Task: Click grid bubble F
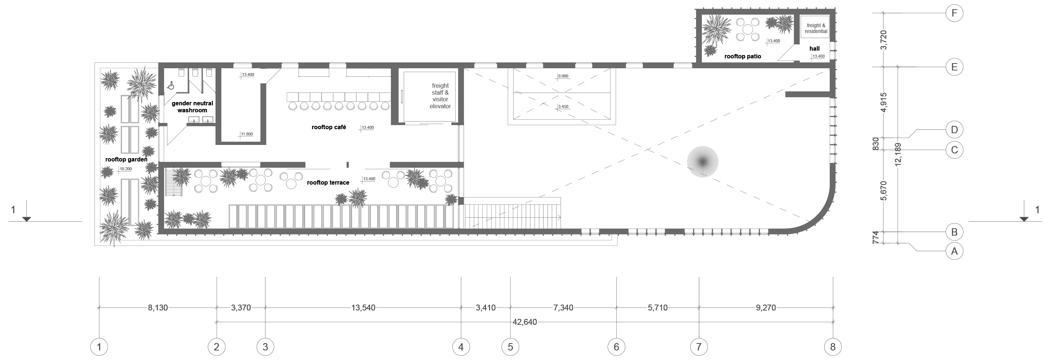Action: pyautogui.click(x=954, y=14)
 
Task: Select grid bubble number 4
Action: pyautogui.click(x=461, y=347)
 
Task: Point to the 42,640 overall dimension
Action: pyautogui.click(x=525, y=322)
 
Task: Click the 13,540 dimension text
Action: pyautogui.click(x=363, y=308)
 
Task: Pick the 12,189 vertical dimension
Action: pyautogui.click(x=898, y=154)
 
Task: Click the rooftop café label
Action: pyautogui.click(x=329, y=127)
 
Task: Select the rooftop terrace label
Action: pyautogui.click(x=328, y=182)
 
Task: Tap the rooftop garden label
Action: pyautogui.click(x=126, y=160)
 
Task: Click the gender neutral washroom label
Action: pyautogui.click(x=192, y=107)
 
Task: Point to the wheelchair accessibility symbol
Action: pyautogui.click(x=171, y=86)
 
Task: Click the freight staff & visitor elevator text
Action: pyautogui.click(x=440, y=96)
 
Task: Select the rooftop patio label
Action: pyautogui.click(x=743, y=56)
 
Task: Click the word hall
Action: pyautogui.click(x=814, y=48)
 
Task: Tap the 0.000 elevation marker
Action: pyautogui.click(x=563, y=76)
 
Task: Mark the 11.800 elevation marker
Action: pyautogui.click(x=246, y=134)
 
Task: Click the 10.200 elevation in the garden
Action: pyautogui.click(x=125, y=169)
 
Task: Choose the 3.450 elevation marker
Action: pyautogui.click(x=563, y=107)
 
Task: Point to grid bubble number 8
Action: pyautogui.click(x=833, y=347)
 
